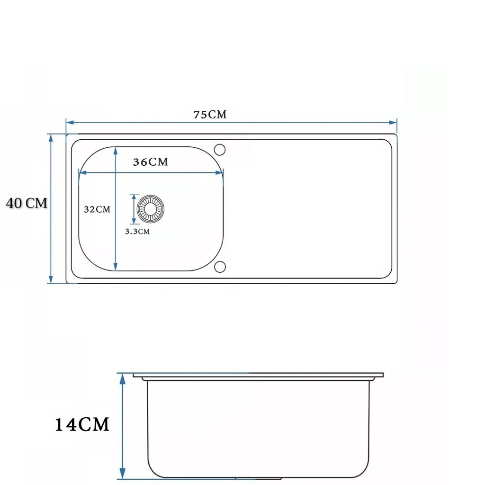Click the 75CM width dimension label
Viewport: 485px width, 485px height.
click(x=210, y=115)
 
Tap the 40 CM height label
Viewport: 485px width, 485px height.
click(x=27, y=203)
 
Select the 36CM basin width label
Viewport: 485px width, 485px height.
click(x=151, y=162)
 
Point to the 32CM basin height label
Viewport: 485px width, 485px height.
click(x=97, y=209)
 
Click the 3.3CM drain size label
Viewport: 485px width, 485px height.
click(x=137, y=231)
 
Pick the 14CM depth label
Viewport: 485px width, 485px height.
click(x=82, y=424)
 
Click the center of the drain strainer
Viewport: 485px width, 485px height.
click(x=150, y=209)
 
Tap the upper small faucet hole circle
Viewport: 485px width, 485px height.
click(x=220, y=150)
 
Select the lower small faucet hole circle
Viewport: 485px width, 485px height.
click(x=220, y=267)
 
